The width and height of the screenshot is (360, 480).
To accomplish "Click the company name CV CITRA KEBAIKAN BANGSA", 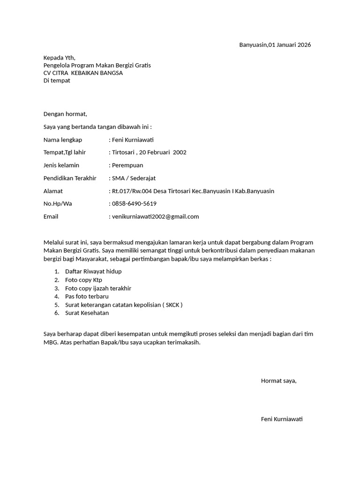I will [83, 73].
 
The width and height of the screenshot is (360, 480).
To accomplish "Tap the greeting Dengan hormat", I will [65, 114].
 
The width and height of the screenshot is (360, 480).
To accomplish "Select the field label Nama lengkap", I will [63, 140].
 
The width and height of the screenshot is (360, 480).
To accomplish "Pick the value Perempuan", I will [127, 165].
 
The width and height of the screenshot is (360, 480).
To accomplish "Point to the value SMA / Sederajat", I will [134, 178].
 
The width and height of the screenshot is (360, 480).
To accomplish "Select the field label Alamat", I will [53, 191].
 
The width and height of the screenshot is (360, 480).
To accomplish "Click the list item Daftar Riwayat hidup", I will [93, 271].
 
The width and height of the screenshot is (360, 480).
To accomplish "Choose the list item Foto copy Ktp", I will [83, 280].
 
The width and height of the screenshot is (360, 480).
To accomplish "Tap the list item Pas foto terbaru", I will [87, 296].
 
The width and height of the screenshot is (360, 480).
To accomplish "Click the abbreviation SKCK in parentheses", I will [172, 305].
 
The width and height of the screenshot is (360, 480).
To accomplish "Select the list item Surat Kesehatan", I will [87, 313].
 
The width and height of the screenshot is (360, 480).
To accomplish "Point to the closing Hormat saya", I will [278, 381].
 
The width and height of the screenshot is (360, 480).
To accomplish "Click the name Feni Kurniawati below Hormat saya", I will [282, 419].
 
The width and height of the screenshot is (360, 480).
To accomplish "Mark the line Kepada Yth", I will [59, 58].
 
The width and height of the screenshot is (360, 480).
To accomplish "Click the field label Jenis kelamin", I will [61, 165].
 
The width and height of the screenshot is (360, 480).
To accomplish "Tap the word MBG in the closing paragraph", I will [51, 342].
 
